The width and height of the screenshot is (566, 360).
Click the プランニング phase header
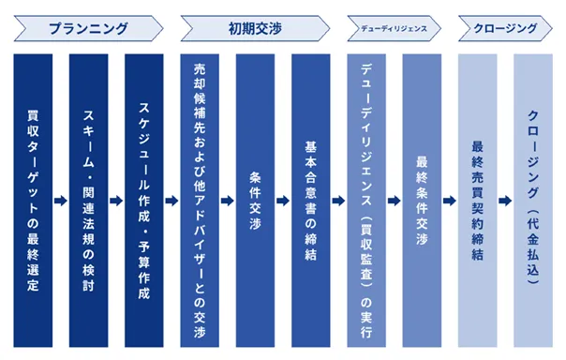coord(88,28)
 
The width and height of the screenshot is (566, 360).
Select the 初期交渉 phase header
coord(255,28)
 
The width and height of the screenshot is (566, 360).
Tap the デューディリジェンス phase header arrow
coord(395,28)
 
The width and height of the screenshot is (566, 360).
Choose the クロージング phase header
coord(505,28)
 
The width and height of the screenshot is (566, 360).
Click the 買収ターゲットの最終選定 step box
coord(33,201)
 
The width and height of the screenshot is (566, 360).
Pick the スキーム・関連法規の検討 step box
coord(88,201)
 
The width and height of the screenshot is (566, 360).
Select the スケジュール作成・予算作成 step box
coord(144,201)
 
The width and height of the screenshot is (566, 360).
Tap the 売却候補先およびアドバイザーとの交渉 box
coord(200,201)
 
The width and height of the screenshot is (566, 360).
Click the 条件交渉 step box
coord(255,201)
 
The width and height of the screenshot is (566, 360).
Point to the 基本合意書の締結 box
coord(311,201)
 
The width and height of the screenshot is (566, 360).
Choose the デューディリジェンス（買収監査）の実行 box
coord(366,201)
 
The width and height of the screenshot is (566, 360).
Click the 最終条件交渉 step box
coord(422,201)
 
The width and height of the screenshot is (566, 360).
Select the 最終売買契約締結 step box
coord(478,201)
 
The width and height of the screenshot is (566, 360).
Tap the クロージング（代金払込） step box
coord(533,201)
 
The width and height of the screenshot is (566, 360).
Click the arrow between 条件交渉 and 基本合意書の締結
coord(283,201)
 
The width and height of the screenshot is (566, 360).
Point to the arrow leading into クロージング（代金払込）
coord(505,201)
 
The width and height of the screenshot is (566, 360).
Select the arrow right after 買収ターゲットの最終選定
coord(61,201)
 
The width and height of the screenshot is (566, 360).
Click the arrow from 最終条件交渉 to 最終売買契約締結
coord(450,201)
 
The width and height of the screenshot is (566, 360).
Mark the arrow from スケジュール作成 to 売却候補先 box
coord(171,201)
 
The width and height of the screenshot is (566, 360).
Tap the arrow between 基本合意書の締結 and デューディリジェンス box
coord(338,201)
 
